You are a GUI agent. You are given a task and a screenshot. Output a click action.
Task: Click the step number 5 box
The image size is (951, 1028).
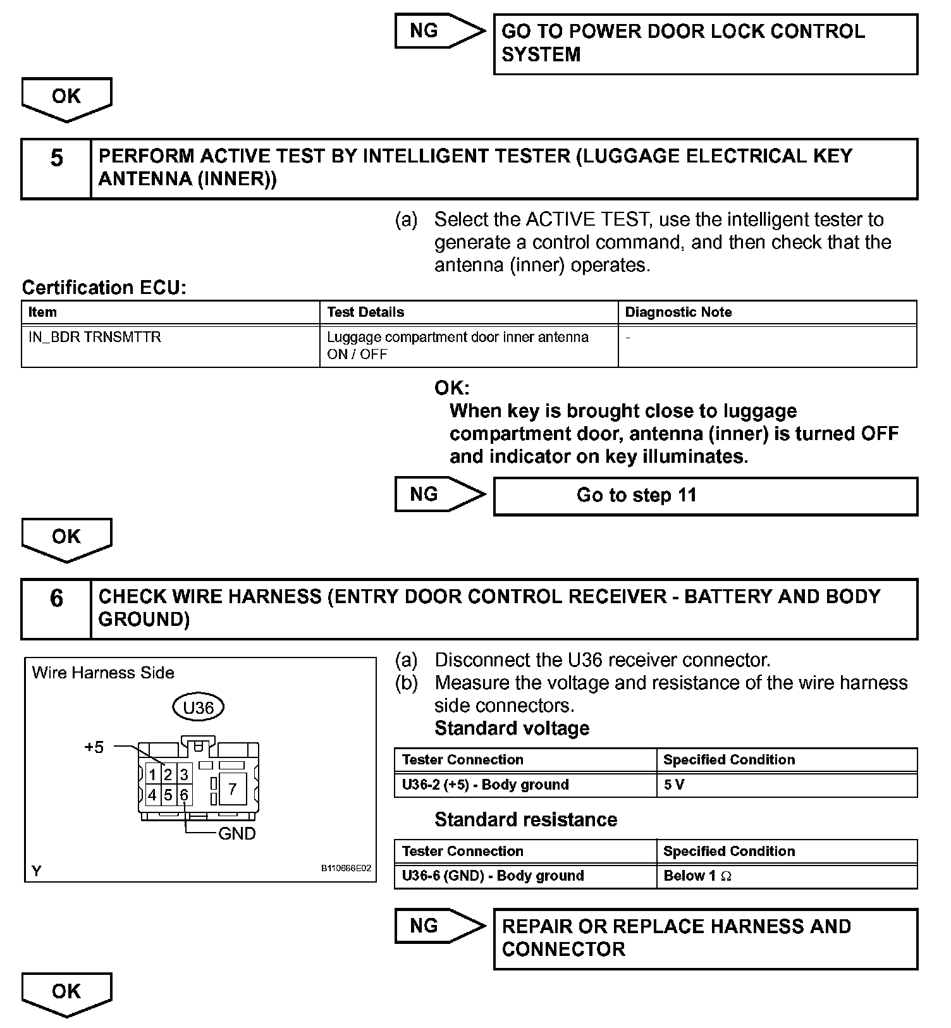point(56,169)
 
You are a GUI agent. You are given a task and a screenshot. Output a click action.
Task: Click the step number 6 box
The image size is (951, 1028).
point(56,609)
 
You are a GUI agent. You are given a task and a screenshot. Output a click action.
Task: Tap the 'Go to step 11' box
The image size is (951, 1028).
point(704,496)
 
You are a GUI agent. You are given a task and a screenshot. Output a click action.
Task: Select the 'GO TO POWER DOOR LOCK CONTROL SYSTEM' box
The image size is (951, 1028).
point(704,44)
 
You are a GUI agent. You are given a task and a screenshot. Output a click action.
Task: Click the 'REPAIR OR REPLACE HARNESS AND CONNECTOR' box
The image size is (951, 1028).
point(704,938)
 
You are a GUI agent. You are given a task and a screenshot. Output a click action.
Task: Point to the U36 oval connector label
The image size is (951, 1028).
point(198,707)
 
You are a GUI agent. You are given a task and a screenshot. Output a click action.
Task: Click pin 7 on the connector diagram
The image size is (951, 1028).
point(232,788)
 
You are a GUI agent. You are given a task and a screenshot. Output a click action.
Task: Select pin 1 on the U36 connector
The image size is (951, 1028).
point(152,774)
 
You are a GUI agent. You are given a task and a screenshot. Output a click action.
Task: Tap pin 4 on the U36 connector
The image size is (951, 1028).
point(152,795)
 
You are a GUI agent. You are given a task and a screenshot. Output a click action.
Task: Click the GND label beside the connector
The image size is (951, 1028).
point(236,834)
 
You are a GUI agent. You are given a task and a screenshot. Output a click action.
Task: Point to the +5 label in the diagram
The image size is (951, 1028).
point(94,747)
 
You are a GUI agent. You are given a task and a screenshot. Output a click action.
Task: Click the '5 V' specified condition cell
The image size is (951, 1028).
point(786,785)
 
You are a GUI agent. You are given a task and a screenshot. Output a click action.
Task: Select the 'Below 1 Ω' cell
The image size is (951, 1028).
point(786,876)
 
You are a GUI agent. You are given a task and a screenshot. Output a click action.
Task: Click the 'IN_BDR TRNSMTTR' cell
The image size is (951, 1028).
point(171,345)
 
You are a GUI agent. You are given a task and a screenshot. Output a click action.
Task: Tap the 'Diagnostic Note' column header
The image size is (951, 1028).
point(766,312)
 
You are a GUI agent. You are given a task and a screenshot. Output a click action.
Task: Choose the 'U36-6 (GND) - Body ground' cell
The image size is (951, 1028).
point(525,876)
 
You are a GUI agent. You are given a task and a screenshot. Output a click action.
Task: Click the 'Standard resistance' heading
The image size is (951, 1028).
point(525,820)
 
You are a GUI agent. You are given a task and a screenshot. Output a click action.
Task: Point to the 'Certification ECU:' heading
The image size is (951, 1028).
point(104,288)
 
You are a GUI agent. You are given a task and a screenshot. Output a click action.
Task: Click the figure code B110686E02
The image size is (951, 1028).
point(347,868)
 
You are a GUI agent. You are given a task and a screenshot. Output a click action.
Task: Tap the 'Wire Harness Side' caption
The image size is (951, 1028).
point(103,673)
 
